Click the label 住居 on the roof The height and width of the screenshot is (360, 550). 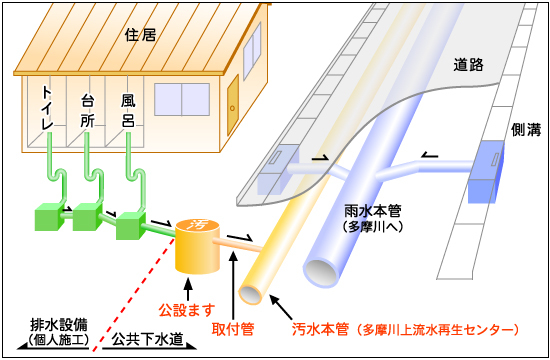(142, 35)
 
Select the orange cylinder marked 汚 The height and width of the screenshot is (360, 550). (202, 246)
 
